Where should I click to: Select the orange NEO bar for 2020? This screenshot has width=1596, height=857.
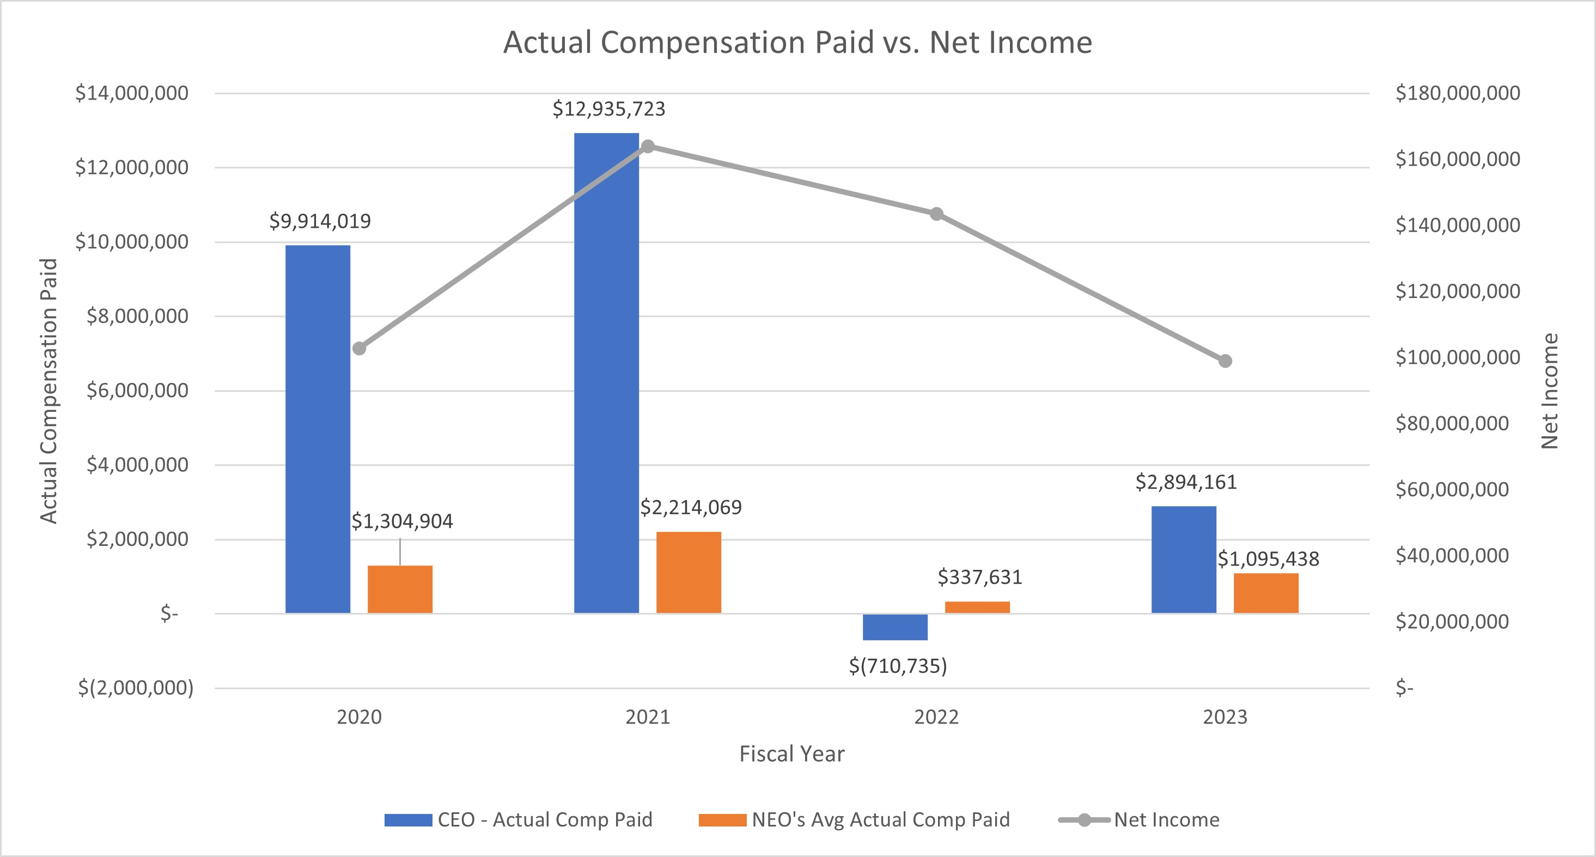400,589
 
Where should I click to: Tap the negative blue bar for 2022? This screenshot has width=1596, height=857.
894,627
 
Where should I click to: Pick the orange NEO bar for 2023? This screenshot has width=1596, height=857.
1265,593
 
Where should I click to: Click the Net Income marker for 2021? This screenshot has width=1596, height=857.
648,146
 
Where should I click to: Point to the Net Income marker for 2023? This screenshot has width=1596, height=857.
1225,361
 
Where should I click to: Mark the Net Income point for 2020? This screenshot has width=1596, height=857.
360,348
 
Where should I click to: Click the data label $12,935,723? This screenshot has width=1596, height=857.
608,109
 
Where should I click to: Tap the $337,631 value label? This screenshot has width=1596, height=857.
979,577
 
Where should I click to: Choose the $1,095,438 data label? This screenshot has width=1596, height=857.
1268,559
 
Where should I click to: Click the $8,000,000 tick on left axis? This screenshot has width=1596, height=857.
137,316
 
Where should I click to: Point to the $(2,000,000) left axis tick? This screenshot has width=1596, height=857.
136,688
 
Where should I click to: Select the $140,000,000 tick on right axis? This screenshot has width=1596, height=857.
1457,225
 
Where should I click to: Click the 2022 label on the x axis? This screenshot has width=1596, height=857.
936,717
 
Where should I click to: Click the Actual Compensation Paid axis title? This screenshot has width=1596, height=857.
48,391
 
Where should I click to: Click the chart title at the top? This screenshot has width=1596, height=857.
797,42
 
